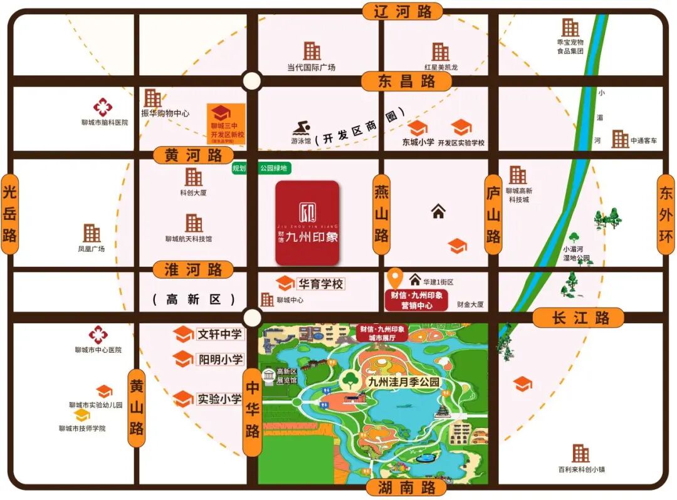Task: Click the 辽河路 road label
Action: point(402,11)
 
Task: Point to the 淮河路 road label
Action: point(193,270)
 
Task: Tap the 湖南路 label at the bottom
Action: point(405,487)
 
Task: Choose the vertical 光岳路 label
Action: point(9,214)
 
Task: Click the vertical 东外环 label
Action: point(666,214)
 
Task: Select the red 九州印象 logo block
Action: point(307,222)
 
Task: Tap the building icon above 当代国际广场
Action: point(312,51)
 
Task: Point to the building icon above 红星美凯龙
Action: point(441,52)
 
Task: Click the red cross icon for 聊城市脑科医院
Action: point(103,107)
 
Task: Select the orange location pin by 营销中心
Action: point(395,278)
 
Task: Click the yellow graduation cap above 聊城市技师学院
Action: point(82,415)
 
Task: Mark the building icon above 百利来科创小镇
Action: point(580,453)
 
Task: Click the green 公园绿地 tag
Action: point(275,168)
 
